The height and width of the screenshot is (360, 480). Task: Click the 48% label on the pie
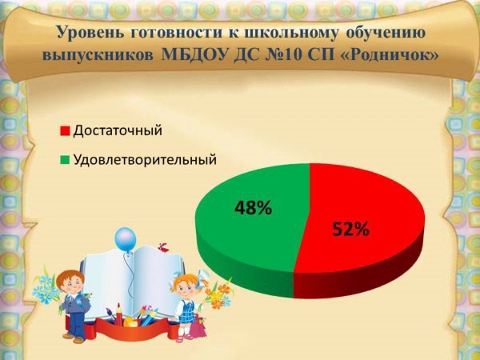[253, 207]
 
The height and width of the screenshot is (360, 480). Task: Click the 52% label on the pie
[351, 229]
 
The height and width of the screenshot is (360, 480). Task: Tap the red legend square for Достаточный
[66, 130]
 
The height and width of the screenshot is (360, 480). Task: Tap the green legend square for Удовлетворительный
[66, 160]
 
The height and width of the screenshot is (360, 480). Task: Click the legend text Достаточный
[118, 130]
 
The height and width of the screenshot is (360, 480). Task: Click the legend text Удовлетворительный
[145, 159]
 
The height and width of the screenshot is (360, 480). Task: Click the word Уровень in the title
[90, 32]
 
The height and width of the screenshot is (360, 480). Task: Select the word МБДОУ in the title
[195, 55]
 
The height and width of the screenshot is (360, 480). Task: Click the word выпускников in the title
[98, 55]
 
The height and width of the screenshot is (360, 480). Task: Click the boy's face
[72, 283]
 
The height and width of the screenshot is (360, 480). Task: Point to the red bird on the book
[163, 247]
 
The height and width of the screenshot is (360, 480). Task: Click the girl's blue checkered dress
[186, 310]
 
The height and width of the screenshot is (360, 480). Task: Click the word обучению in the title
[386, 33]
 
